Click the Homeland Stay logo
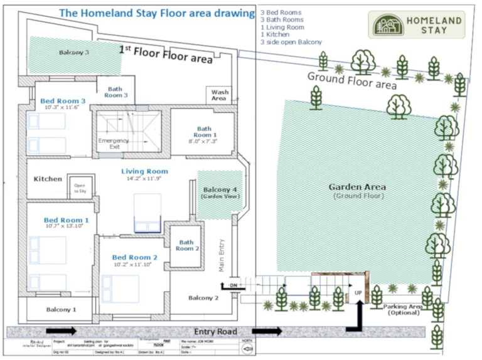(x=416, y=24)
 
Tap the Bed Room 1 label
(x=66, y=221)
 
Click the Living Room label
(x=144, y=171)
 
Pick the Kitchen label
(x=48, y=179)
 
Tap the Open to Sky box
(x=80, y=188)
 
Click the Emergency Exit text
(x=114, y=144)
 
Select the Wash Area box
(x=219, y=95)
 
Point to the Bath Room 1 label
(x=205, y=132)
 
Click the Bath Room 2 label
(x=186, y=245)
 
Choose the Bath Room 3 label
(x=116, y=92)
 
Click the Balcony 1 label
(x=61, y=309)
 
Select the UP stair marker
(x=358, y=292)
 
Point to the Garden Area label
(x=357, y=187)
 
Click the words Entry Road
(x=215, y=331)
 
